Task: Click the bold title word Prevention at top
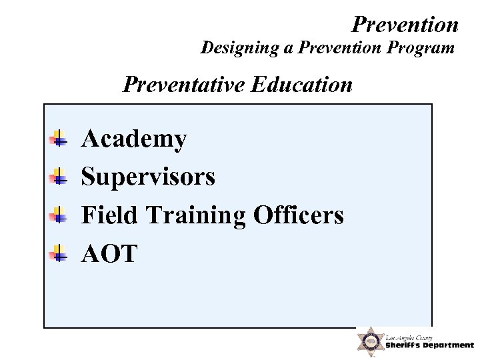pos(405,24)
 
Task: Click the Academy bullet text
pos(133,139)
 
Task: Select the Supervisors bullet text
pos(148,177)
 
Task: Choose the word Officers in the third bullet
pos(299,215)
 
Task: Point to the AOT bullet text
pos(109,253)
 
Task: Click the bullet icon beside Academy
pos(59,140)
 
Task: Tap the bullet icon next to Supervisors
pos(59,178)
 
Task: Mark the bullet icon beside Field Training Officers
pos(59,215)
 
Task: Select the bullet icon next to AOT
pos(59,253)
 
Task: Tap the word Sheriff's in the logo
pos(405,345)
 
